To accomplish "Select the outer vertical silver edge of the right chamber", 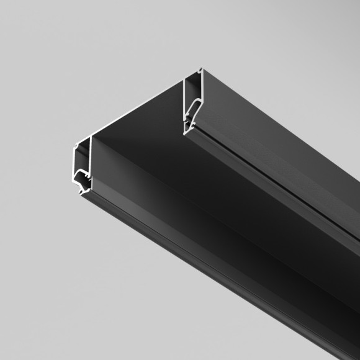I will click(x=203, y=93).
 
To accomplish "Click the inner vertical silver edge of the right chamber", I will click(x=186, y=96).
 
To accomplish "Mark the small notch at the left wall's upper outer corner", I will click(x=76, y=146).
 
